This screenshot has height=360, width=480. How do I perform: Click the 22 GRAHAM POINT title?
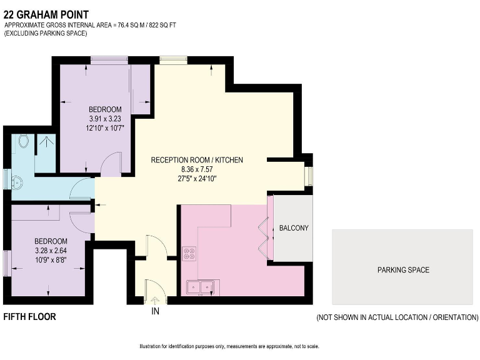(46, 14)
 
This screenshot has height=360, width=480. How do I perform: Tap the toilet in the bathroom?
(23, 141)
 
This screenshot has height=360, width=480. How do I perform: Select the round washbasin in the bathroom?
(17, 182)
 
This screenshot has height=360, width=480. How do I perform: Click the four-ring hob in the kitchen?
(189, 254)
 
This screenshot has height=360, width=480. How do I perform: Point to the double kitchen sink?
(203, 287)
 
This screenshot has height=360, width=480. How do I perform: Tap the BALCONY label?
(294, 227)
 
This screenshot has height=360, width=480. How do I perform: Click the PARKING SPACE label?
(403, 270)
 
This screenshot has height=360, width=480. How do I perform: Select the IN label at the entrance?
(155, 311)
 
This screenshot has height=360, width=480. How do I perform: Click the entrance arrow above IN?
(155, 301)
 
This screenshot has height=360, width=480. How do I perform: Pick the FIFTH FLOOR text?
(30, 316)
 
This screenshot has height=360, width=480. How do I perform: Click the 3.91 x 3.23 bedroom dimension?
(105, 119)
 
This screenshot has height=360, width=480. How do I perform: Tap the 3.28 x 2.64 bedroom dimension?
(51, 251)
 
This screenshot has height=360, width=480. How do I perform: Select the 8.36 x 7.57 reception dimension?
(197, 169)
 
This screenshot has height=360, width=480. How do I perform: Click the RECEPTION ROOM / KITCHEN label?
(197, 160)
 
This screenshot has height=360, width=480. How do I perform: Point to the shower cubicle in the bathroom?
(45, 153)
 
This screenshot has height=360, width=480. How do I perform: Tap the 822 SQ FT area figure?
(162, 25)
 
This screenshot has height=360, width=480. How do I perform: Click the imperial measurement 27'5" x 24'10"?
(197, 179)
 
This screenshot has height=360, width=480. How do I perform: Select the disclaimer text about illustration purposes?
(229, 346)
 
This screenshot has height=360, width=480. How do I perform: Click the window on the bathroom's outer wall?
(7, 179)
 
